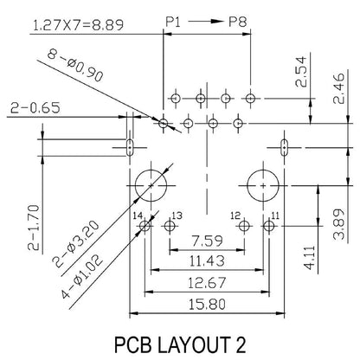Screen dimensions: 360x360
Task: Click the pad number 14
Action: click(137, 215)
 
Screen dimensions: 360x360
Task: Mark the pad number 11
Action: click(276, 215)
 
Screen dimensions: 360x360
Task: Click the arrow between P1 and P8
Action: click(206, 17)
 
